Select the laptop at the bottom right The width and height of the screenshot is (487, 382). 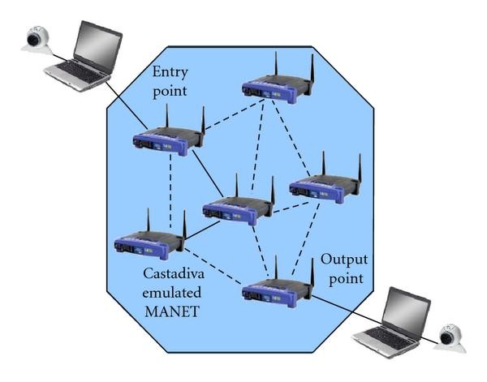(x=394, y=324)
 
